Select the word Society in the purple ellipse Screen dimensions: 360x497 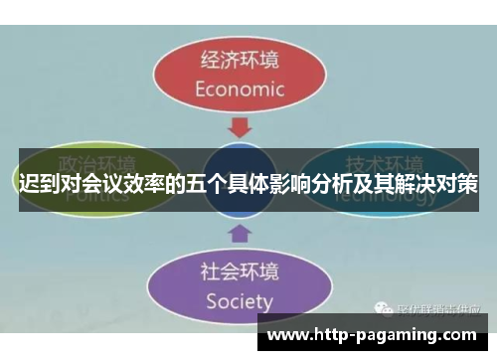239,300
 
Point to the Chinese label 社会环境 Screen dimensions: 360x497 239,270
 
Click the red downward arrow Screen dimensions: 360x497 239,127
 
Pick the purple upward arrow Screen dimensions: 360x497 239,234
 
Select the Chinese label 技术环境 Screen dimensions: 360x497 383,163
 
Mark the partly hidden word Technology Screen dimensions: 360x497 383,195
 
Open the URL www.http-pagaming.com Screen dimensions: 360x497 376,333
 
